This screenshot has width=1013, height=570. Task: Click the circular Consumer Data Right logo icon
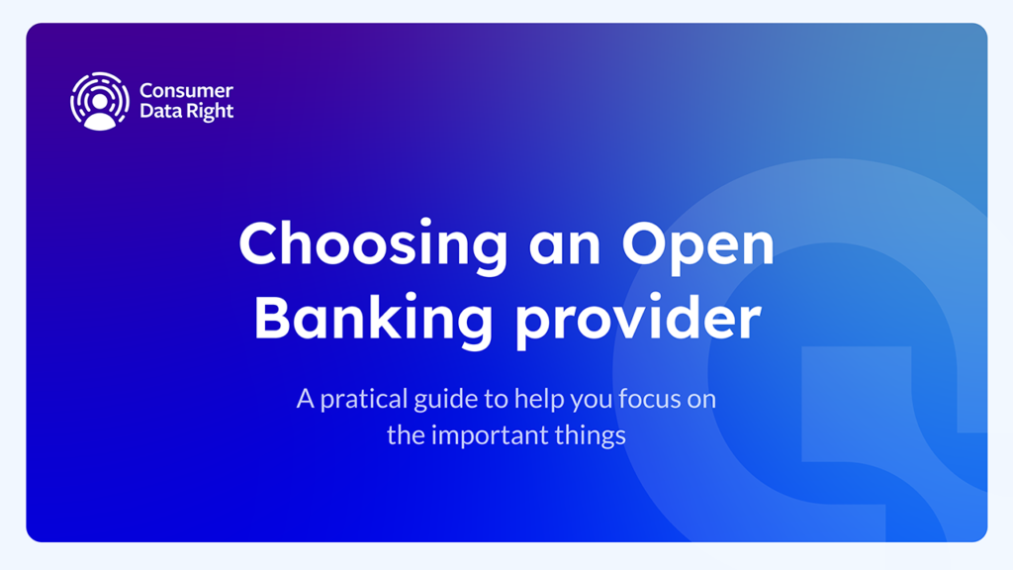click(x=100, y=102)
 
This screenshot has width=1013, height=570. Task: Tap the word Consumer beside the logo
click(x=186, y=90)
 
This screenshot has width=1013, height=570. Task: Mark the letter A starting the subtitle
click(x=306, y=399)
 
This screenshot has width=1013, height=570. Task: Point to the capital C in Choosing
click(x=261, y=243)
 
